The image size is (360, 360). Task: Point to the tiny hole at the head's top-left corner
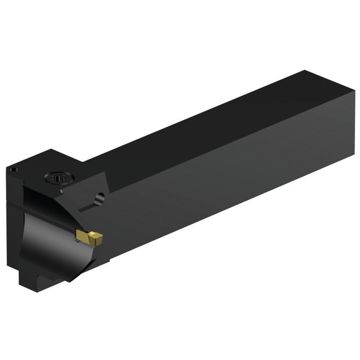pyautogui.click(x=14, y=170)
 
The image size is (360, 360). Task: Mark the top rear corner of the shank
pyautogui.click(x=304, y=71)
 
